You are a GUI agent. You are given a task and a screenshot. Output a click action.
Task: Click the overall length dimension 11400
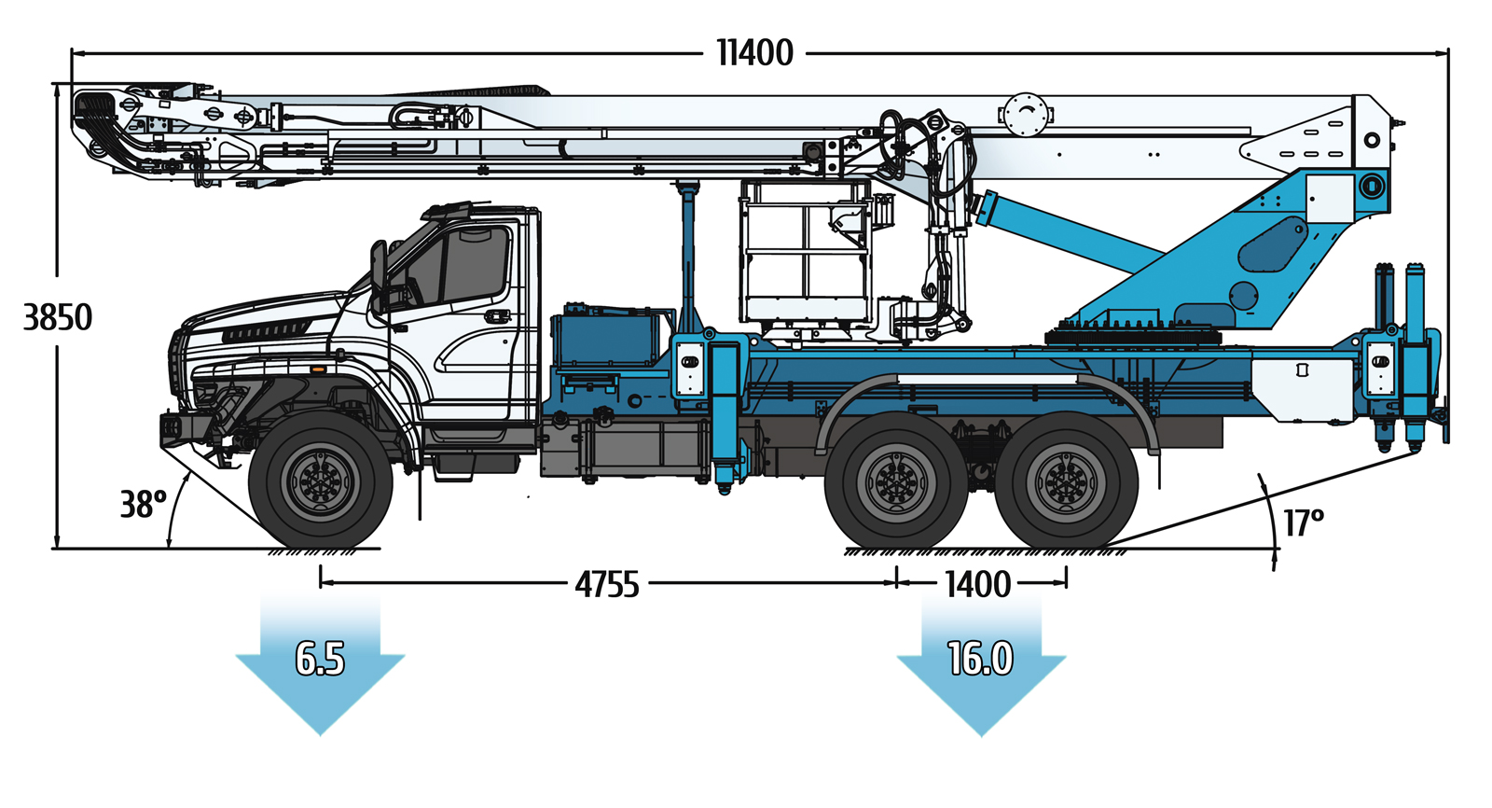(754, 52)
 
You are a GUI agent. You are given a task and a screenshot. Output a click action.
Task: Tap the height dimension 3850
(57, 317)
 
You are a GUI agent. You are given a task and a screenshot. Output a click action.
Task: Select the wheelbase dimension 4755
(607, 585)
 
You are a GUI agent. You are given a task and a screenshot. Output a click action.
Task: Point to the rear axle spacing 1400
(978, 585)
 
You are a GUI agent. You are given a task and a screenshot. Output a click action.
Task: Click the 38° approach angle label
(143, 505)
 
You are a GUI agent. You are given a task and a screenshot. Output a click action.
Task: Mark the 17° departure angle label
(1304, 522)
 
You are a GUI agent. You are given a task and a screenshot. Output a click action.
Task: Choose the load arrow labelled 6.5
(321, 663)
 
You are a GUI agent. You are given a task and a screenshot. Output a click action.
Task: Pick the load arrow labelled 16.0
(981, 663)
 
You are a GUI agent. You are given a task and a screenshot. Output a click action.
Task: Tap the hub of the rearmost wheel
(1067, 481)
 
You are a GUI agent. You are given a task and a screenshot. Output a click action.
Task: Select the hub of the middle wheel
(896, 481)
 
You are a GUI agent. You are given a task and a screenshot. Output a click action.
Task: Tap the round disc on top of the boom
(1026, 116)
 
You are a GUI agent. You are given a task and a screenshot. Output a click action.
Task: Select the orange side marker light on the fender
(318, 369)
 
